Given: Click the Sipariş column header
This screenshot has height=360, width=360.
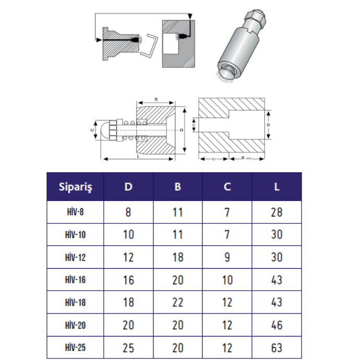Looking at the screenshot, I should tap(75, 187).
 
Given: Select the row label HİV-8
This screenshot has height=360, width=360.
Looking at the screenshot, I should tap(75, 212).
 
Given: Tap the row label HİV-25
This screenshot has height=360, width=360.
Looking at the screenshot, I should tap(75, 347).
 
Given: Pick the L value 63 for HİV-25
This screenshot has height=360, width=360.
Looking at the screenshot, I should tap(277, 347).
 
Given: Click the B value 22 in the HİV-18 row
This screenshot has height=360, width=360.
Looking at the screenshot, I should tap(178, 302).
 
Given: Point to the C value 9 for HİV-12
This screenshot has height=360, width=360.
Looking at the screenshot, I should tap(227, 257).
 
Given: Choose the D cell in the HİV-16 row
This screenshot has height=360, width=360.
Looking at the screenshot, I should tap(128, 280).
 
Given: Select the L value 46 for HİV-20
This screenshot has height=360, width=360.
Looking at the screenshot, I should tap(277, 325).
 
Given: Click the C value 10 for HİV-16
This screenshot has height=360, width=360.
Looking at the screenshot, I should tap(227, 280).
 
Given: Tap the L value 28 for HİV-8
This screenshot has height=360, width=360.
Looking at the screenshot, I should tap(277, 212).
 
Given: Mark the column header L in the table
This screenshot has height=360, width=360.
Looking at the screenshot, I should tap(277, 187).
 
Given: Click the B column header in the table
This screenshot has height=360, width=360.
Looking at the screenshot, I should tap(178, 187).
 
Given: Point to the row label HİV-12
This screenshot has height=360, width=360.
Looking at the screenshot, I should tap(75, 257).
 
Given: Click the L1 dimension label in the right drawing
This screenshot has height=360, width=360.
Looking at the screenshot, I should tap(214, 159).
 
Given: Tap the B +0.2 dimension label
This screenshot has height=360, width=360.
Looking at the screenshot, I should tap(246, 159).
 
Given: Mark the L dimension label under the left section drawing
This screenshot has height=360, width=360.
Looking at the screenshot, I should tap(138, 155).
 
